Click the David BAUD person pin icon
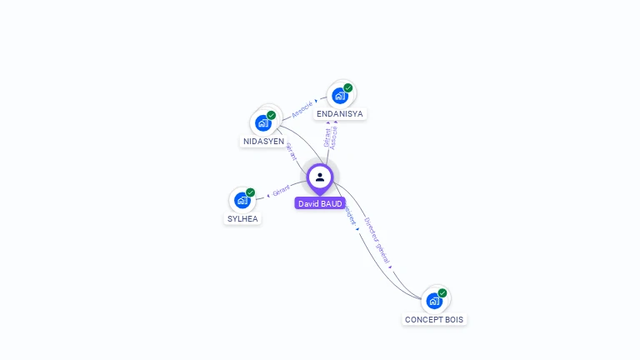pyautogui.click(x=320, y=177)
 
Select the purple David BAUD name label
pyautogui.click(x=320, y=203)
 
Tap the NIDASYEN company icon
pyautogui.click(x=263, y=123)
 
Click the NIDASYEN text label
pyautogui.click(x=263, y=142)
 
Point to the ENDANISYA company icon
pyautogui.click(x=340, y=96)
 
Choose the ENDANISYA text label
pyautogui.click(x=340, y=114)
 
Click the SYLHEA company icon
pyautogui.click(x=242, y=200)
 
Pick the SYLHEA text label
pyautogui.click(x=242, y=219)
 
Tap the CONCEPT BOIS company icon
pyautogui.click(x=434, y=301)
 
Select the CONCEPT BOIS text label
pyautogui.click(x=434, y=320)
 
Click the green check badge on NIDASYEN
pyautogui.click(x=271, y=116)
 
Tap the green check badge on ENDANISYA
pyautogui.click(x=347, y=88)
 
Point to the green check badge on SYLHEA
pyautogui.click(x=250, y=192)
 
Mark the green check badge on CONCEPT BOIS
pyautogui.click(x=442, y=293)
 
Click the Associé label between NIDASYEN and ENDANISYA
pyautogui.click(x=302, y=108)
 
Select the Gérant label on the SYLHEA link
pyautogui.click(x=281, y=192)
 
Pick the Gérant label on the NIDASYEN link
pyautogui.click(x=291, y=152)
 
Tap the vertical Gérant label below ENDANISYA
pyautogui.click(x=327, y=137)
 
